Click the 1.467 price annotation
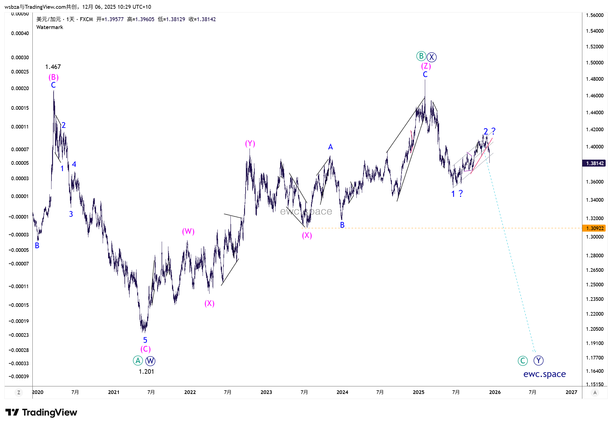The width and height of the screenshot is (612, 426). click(53, 67)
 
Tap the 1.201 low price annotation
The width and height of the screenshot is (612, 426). click(146, 372)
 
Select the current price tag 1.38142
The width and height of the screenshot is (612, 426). click(594, 163)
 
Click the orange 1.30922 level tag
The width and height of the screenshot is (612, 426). click(594, 228)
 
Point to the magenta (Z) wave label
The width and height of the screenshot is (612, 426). click(426, 66)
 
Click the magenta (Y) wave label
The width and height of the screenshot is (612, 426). click(250, 144)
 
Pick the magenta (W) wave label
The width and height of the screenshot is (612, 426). click(188, 232)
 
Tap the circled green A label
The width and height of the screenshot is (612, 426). click(138, 360)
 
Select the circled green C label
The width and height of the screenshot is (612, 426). click(522, 360)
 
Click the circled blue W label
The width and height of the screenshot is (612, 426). click(150, 361)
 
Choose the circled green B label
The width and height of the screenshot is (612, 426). click(421, 56)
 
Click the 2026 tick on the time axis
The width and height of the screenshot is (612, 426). click(495, 392)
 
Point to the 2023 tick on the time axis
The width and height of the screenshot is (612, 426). click(266, 392)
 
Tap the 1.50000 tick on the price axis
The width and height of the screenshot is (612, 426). click(594, 63)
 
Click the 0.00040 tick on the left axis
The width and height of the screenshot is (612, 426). click(20, 33)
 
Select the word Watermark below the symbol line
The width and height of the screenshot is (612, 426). click(50, 27)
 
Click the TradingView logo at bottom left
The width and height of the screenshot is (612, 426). click(41, 412)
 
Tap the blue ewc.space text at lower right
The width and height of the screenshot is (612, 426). click(544, 374)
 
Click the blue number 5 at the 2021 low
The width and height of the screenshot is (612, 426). click(145, 340)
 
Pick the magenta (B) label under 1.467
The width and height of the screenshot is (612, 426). click(54, 77)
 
